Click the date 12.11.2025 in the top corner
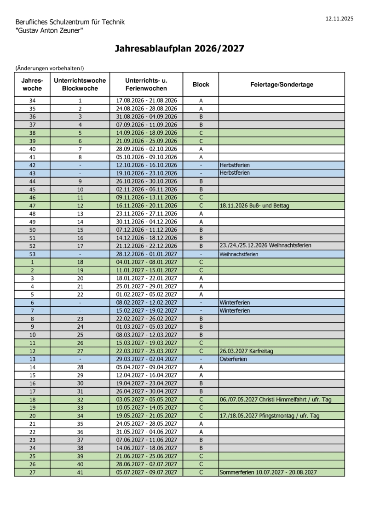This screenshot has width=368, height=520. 339,19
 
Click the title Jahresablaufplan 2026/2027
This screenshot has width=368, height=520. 179,49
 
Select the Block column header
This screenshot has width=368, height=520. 201,85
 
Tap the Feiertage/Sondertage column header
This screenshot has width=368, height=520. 282,85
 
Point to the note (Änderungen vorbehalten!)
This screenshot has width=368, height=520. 50,68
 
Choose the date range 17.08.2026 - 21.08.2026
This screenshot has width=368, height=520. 146,100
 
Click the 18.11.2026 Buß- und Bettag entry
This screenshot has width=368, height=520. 254,206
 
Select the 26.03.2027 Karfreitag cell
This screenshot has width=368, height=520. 246,351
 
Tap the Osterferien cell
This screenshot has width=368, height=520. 233,359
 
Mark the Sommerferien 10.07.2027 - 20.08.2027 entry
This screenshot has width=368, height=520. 268,472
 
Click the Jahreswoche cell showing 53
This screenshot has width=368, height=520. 32,254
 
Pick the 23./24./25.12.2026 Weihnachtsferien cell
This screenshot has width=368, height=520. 265,246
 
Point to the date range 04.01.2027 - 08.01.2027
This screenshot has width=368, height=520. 146,262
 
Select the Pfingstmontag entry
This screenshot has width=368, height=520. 270,416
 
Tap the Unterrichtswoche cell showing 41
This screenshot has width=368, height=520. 80,472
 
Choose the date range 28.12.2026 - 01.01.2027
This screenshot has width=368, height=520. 146,254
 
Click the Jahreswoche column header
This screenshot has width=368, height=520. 32,85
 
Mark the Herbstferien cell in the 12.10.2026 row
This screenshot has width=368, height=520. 235,165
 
